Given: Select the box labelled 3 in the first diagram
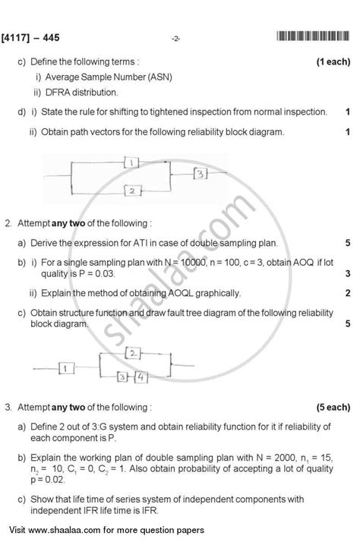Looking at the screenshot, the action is tap(200, 174).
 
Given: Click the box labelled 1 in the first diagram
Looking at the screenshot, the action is tap(131, 162).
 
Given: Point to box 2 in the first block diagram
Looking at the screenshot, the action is tap(131, 191).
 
